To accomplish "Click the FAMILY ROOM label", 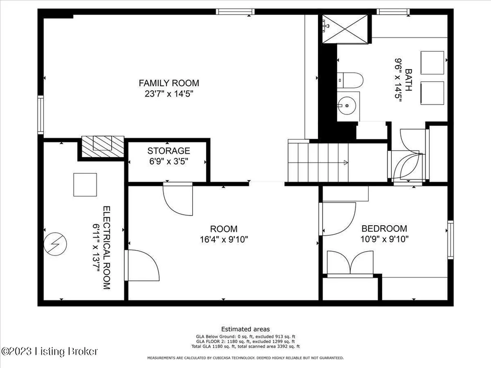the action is pyautogui.click(x=169, y=83).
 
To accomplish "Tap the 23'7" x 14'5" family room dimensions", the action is pyautogui.click(x=169, y=93).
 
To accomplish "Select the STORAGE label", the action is pyautogui.click(x=169, y=151).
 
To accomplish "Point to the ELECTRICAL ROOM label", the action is pyautogui.click(x=107, y=248).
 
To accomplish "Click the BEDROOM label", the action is pyautogui.click(x=384, y=229).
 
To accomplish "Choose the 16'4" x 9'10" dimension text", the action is pyautogui.click(x=224, y=240).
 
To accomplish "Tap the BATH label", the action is pyautogui.click(x=409, y=80).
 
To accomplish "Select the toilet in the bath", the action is pyautogui.click(x=350, y=80).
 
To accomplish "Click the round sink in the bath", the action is pyautogui.click(x=347, y=106).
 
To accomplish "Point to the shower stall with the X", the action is pyautogui.click(x=345, y=29).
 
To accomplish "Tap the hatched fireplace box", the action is pyautogui.click(x=103, y=147).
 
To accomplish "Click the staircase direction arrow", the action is pyautogui.click(x=346, y=162).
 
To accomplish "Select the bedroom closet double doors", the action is pyautogui.click(x=350, y=264).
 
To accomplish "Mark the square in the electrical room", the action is pyautogui.click(x=85, y=184).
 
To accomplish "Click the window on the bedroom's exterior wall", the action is pyautogui.click(x=450, y=240).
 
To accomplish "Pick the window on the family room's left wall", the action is pyautogui.click(x=40, y=115).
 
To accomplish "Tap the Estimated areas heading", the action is pyautogui.click(x=245, y=329).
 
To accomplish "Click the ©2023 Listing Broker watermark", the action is pyautogui.click(x=49, y=351).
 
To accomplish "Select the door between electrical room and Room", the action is pyautogui.click(x=142, y=265).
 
